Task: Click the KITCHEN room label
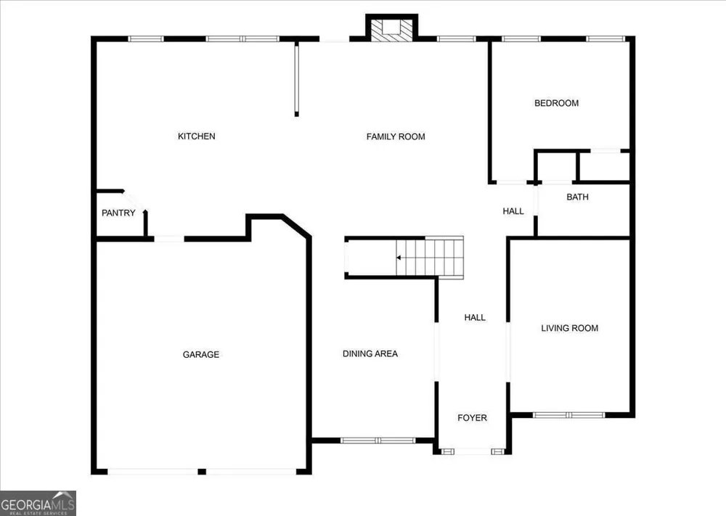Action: point(196,136)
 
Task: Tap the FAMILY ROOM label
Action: point(396,136)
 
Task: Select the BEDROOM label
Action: point(556,103)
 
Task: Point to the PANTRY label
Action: point(118,213)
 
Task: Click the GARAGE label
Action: point(201,354)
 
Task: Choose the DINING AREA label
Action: point(370,353)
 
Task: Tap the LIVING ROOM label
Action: point(569,328)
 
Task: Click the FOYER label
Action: point(472,418)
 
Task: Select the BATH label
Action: point(577,197)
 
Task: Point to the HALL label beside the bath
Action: point(513,211)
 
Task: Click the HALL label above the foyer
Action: point(475,317)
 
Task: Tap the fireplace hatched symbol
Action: point(392,30)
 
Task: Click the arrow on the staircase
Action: point(399,258)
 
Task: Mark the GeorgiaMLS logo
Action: point(38,504)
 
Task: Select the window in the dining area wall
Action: point(378,441)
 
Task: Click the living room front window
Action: point(568,415)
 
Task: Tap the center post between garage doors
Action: point(202,472)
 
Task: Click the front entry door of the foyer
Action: point(473,451)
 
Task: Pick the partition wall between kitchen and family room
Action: point(297,78)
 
